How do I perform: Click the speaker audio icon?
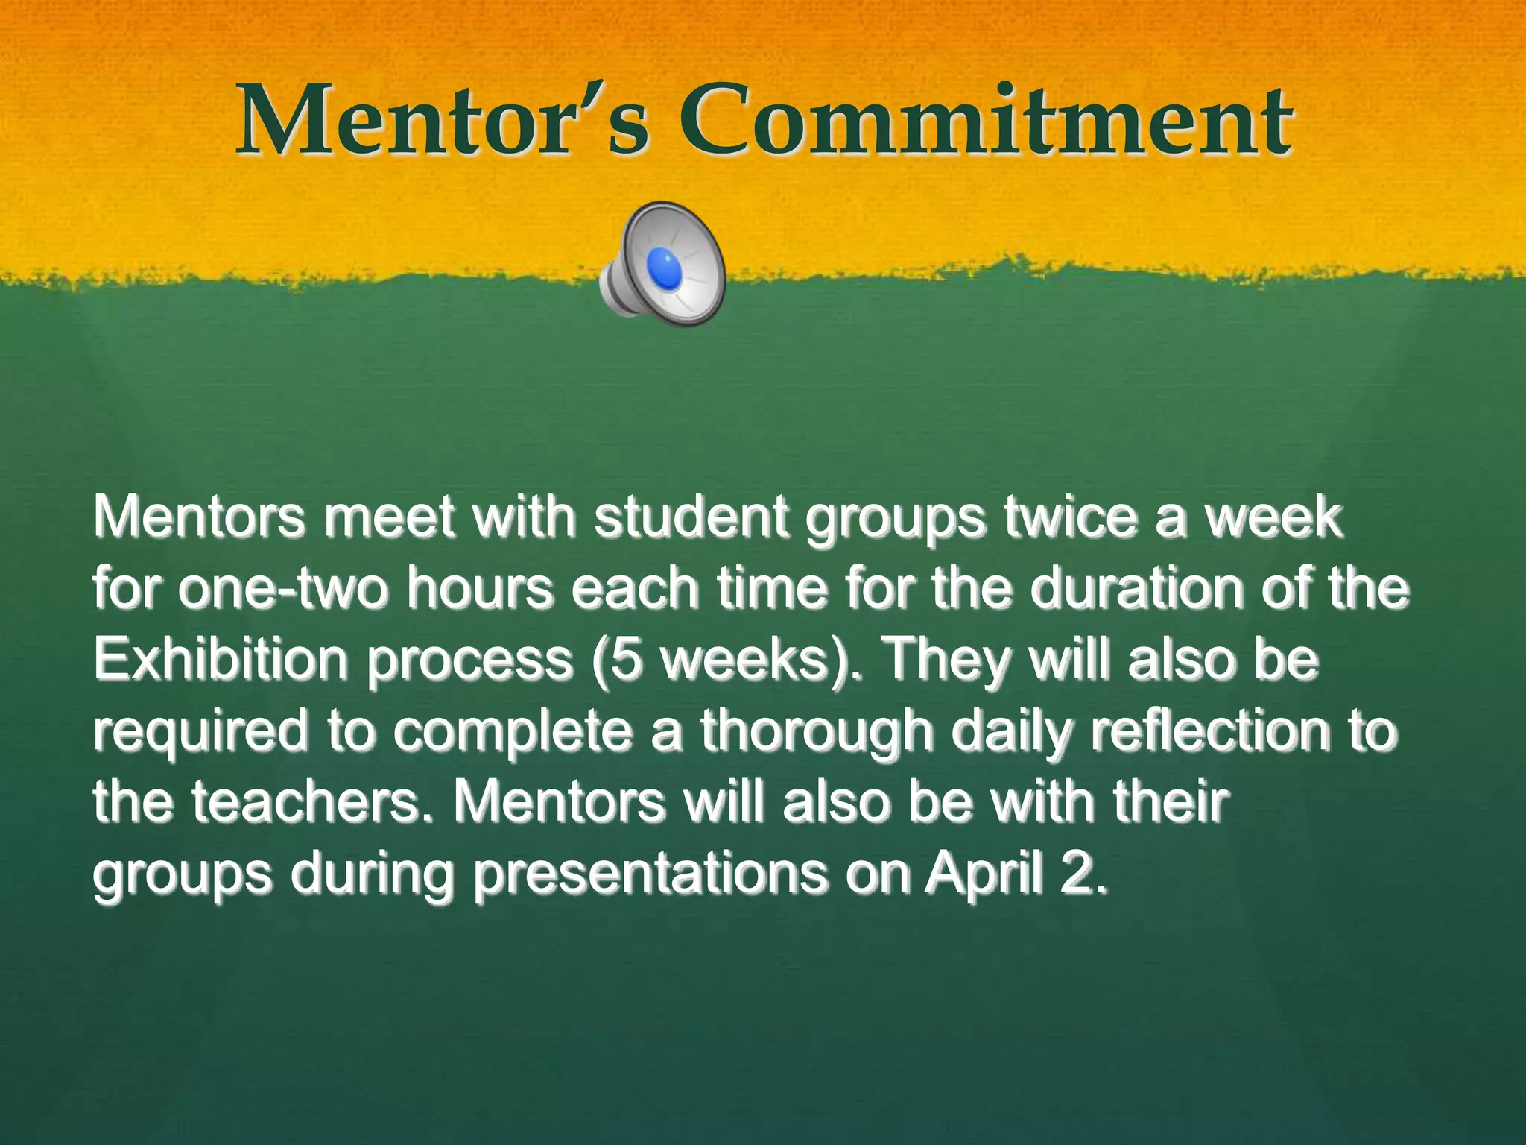(x=662, y=264)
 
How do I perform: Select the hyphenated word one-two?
(x=283, y=588)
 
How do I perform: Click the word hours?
(x=481, y=588)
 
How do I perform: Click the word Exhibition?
(x=221, y=660)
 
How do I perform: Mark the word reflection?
(x=1210, y=731)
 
